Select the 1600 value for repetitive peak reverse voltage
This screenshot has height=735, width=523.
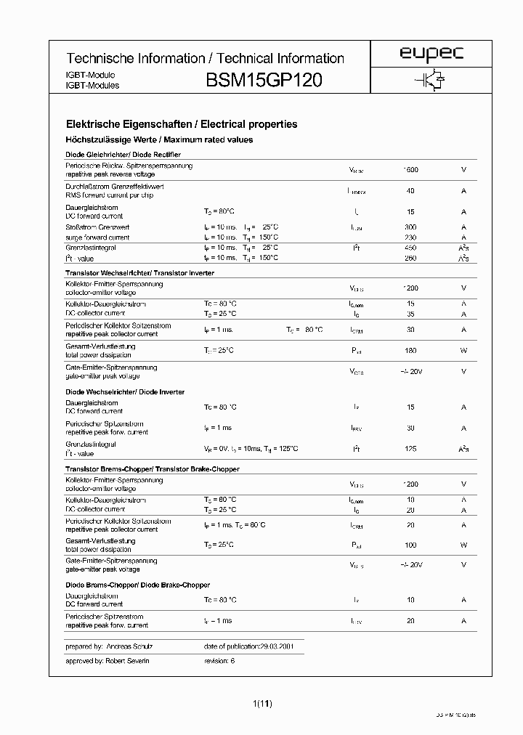[x=410, y=170]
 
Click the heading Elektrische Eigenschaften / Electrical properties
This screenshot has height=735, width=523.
[x=182, y=124]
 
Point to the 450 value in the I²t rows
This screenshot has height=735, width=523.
[x=410, y=248]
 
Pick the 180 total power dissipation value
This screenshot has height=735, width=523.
[x=410, y=351]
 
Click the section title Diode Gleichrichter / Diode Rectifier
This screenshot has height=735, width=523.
[x=123, y=155]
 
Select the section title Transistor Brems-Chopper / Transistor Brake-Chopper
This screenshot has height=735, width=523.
[x=152, y=469]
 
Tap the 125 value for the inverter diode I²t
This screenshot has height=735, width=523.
[x=410, y=450]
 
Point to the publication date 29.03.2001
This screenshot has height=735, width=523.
[x=276, y=646]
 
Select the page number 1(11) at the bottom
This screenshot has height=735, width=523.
[x=262, y=703]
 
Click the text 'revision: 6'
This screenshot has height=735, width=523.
[x=220, y=661]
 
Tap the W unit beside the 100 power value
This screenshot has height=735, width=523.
[x=463, y=545]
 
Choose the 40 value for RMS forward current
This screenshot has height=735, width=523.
[x=410, y=191]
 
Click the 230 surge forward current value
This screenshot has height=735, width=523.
[x=410, y=237]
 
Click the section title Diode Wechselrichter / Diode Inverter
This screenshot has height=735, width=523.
[x=125, y=392]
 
